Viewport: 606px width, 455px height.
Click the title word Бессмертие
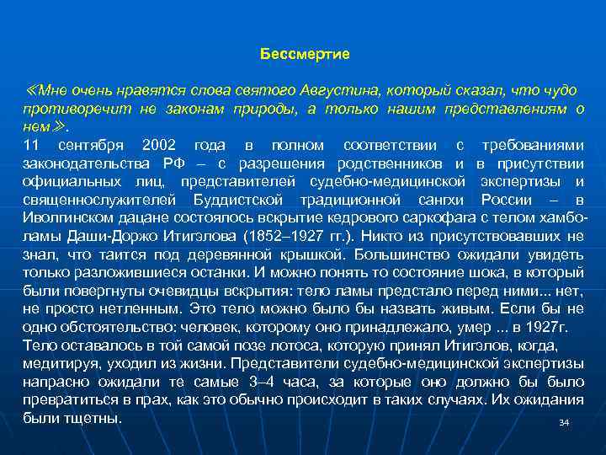[305, 54]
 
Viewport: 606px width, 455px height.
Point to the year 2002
[160, 145]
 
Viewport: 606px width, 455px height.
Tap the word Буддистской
[237, 200]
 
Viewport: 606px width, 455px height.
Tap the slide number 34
[564, 422]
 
